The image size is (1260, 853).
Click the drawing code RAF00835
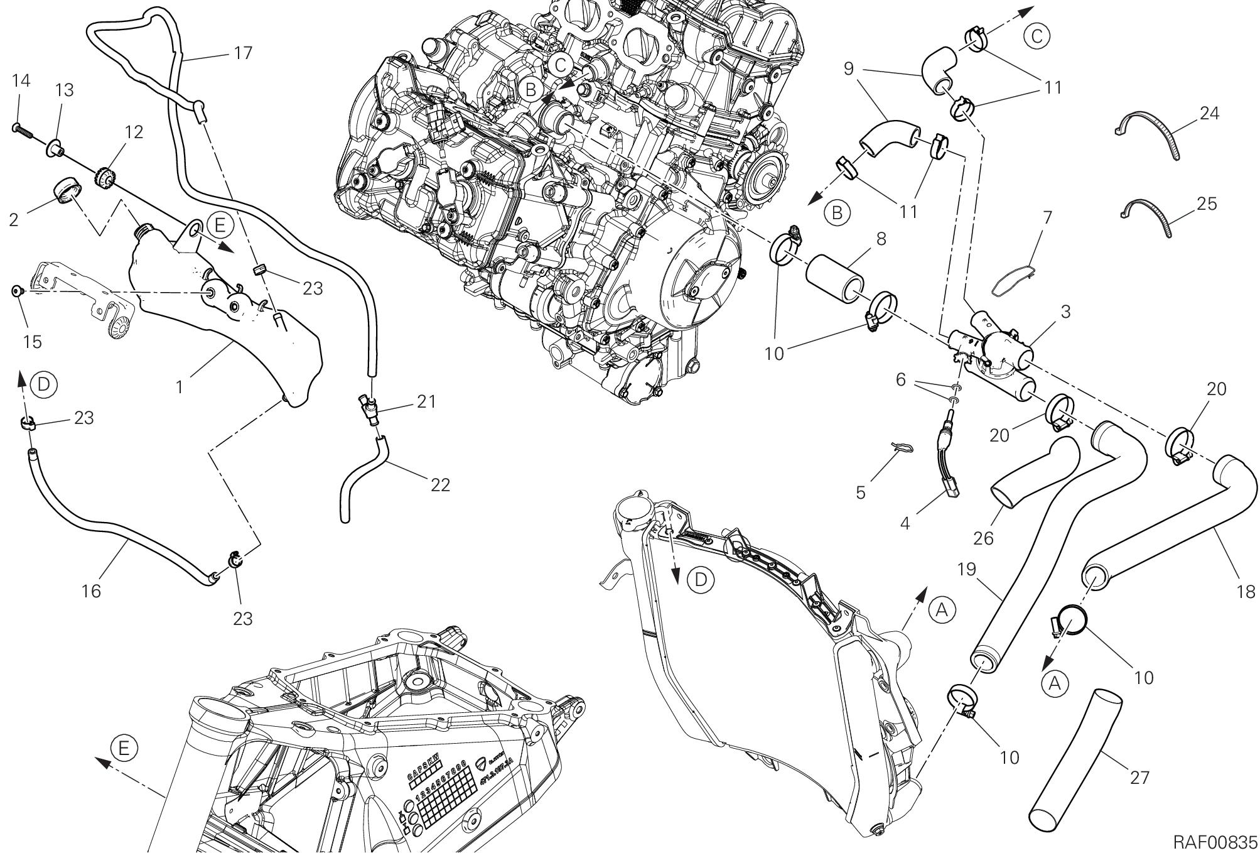click(x=1215, y=841)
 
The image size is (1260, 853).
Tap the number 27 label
click(x=1139, y=778)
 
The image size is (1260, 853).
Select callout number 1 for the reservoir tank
click(x=180, y=387)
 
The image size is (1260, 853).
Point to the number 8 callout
click(x=881, y=239)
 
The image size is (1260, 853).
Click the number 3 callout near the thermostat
click(x=1065, y=312)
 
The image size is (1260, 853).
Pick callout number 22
click(x=441, y=484)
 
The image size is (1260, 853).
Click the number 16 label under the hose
click(x=92, y=590)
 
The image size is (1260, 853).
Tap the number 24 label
click(x=1209, y=114)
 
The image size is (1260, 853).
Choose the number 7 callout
click(x=1047, y=217)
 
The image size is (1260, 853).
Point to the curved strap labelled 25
click(x=1149, y=217)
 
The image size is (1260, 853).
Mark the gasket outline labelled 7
click(x=1014, y=280)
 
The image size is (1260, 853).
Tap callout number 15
click(x=33, y=342)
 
